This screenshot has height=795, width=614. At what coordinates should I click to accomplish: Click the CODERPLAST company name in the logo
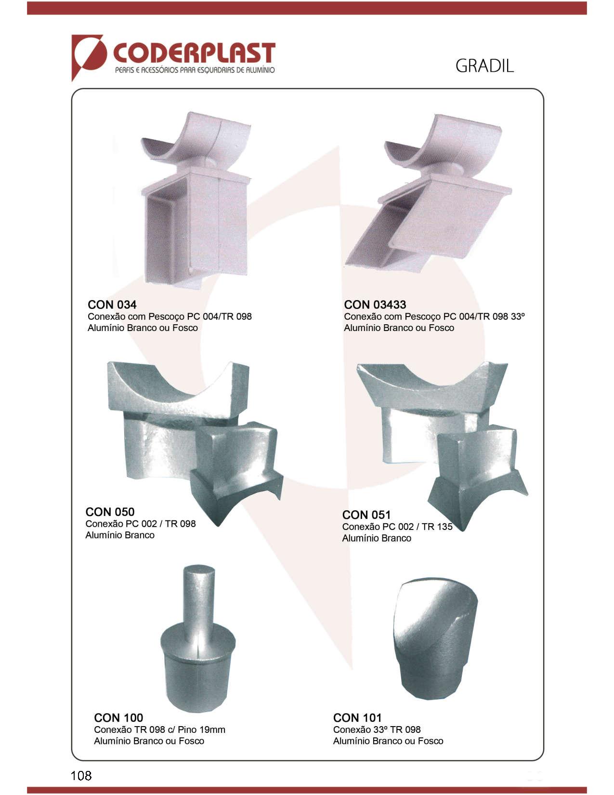coord(194,53)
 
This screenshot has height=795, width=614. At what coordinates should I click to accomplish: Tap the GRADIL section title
coord(484,66)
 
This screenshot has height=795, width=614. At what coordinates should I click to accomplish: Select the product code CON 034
coord(112,305)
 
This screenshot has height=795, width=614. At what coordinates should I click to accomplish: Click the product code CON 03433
coord(375,305)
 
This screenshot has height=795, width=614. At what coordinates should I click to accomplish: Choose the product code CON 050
coord(110,512)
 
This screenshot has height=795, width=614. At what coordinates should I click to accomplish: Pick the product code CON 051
coord(366,515)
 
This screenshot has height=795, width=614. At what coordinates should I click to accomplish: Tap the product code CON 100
coord(118,717)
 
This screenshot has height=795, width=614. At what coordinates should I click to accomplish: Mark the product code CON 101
coord(357,717)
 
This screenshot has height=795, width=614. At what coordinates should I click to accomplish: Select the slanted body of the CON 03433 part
coord(428,223)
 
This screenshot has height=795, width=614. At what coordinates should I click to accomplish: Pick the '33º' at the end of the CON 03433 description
coord(518,317)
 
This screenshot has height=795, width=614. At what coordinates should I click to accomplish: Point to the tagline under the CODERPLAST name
coord(195,70)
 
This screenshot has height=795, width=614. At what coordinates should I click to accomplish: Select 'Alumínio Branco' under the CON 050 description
coord(120,535)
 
